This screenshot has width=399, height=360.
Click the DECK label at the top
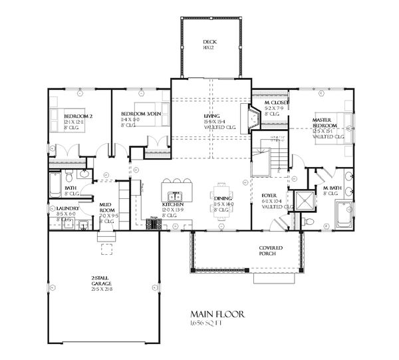click(x=209, y=45)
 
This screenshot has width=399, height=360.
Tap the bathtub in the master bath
click(x=344, y=215)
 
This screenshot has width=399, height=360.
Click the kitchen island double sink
click(x=176, y=196)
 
